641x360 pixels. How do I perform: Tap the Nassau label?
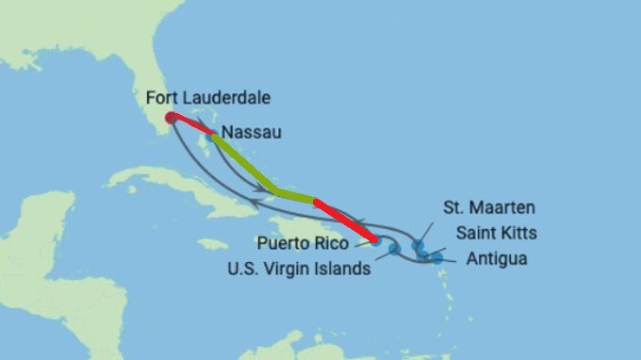pos(250,134)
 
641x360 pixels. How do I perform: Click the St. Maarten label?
pos(487,206)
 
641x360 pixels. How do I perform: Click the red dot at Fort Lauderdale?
pos(170,118)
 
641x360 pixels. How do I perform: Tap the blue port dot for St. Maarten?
pos(418,247)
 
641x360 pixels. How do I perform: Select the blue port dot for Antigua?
pos(436,256)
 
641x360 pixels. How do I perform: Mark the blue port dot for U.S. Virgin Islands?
pos(394,249)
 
